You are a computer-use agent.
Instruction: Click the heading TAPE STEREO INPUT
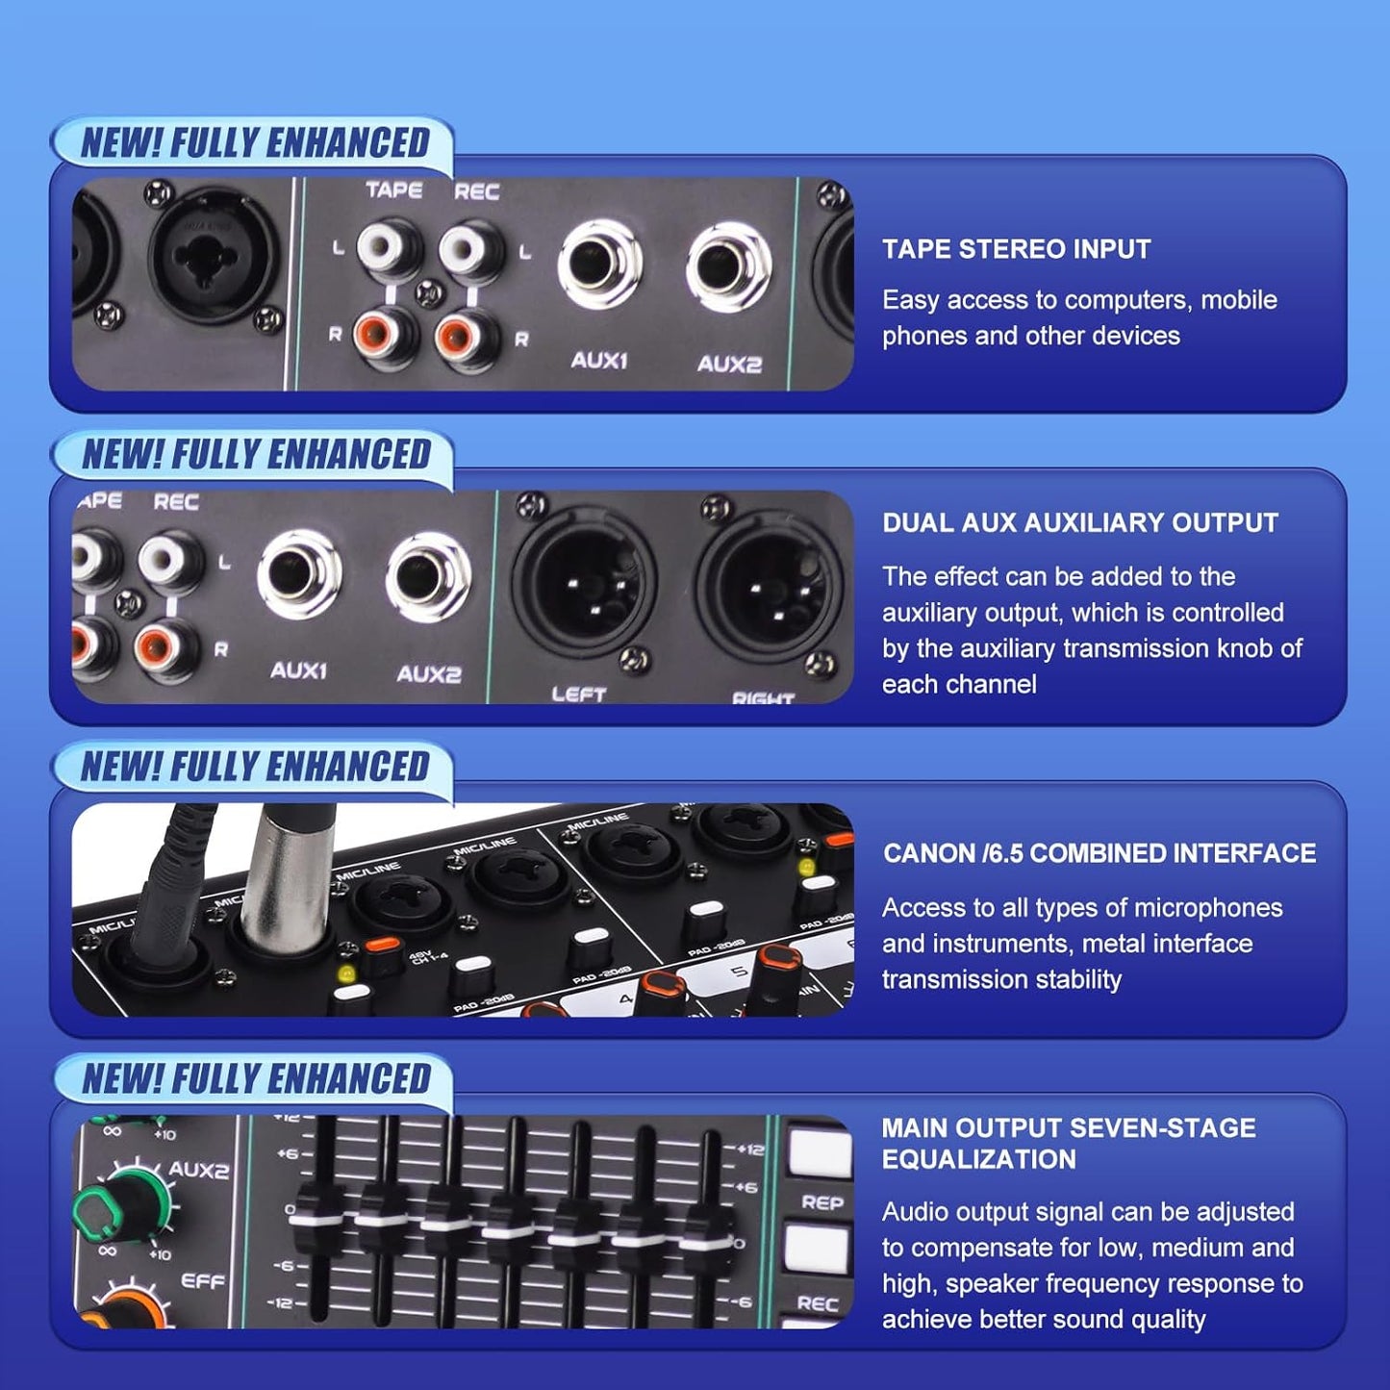pos(1016,249)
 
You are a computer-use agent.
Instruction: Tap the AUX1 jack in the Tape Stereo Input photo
pos(599,265)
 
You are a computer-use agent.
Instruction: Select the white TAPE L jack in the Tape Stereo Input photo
pos(390,248)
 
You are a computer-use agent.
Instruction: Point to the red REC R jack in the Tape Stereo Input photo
pos(468,337)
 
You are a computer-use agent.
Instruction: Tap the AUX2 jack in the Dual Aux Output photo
pos(428,578)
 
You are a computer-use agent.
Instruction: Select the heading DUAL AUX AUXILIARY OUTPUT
pos(1079,523)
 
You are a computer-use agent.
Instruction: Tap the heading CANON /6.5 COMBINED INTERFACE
pos(1099,853)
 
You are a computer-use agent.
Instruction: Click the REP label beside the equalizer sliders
pos(821,1202)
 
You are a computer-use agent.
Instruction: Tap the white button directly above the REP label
pos(819,1153)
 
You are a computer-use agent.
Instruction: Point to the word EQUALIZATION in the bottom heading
pos(978,1160)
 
